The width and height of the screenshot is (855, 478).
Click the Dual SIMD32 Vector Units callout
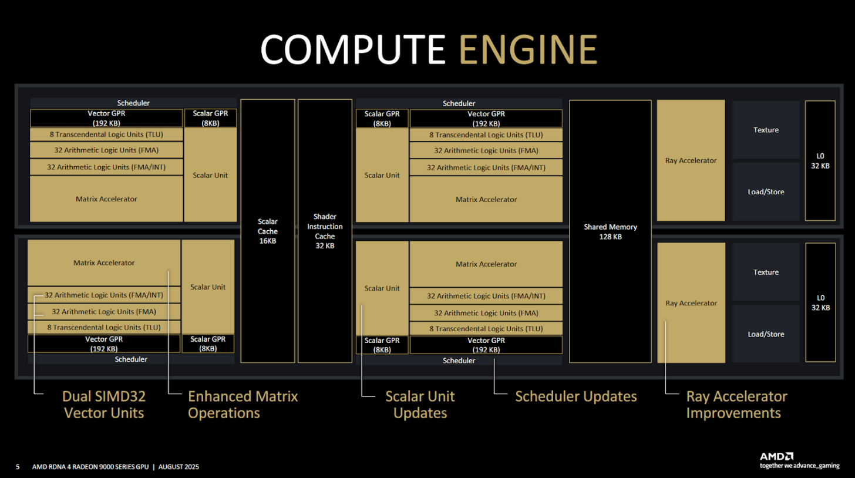coord(104,405)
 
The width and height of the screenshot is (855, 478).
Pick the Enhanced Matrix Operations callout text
coord(243,405)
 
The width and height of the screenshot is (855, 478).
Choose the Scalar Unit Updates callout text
coord(420,405)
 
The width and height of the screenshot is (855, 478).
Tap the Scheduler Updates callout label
coord(575,396)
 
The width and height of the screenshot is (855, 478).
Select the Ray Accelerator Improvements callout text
coord(736,405)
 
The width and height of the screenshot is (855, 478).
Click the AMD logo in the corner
coord(777,456)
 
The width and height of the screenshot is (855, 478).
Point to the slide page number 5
coord(18,467)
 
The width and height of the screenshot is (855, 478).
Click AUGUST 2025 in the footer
coord(179,467)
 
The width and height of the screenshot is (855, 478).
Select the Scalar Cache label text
coord(268,226)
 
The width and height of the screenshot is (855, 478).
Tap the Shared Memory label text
coord(610,227)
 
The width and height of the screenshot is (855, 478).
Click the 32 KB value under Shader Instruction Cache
coord(325,245)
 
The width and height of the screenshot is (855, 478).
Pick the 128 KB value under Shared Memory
coord(610,237)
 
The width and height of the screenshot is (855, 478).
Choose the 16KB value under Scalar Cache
coord(268,241)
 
